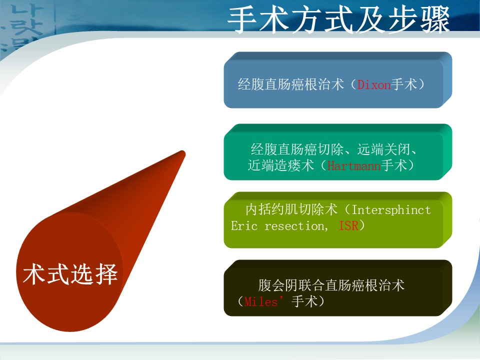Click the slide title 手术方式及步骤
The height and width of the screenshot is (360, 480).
coord(338,20)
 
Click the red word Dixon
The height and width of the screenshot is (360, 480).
coord(374,85)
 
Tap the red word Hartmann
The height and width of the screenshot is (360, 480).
coord(354,166)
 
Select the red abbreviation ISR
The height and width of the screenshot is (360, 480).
coord(348,225)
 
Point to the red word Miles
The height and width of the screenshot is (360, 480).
coord(261,302)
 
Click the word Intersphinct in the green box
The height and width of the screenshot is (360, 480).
coord(391,210)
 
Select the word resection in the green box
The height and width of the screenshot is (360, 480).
coord(294,226)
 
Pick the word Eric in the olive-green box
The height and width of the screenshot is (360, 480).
coord(244,226)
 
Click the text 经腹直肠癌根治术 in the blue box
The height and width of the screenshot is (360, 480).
coord(291,84)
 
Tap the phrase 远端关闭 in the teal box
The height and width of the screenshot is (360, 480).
coord(383,149)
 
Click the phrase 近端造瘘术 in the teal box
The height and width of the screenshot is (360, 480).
coord(281,165)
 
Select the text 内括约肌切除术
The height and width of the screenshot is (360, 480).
coord(291,209)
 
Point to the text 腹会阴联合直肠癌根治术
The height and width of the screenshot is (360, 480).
coord(331,285)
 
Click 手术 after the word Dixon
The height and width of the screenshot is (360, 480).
coord(404,84)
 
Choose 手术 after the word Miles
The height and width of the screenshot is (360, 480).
coord(305,301)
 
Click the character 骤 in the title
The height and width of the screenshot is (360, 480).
coord(435,20)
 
